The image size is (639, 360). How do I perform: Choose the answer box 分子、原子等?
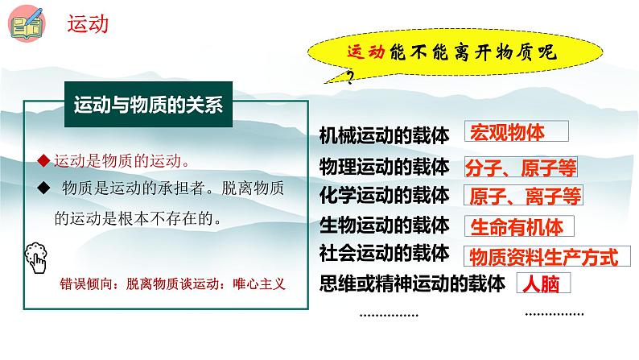point(521,167)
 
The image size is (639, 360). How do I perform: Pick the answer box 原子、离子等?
point(522,196)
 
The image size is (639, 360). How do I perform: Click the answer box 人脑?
point(542,283)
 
